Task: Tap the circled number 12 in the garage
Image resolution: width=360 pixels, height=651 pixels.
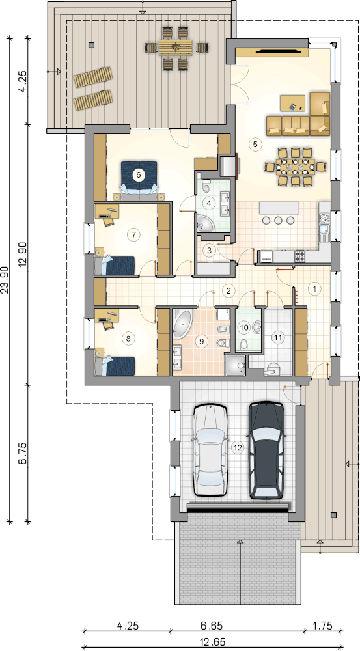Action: [x=238, y=448]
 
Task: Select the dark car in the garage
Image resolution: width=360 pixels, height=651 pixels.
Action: [x=266, y=450]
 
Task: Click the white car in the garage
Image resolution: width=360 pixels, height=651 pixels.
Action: [x=210, y=450]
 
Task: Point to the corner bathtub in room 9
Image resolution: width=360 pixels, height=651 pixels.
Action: [x=180, y=323]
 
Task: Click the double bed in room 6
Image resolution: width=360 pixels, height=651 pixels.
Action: [x=139, y=178]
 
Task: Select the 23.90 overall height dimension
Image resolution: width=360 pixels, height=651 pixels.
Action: [x=5, y=280]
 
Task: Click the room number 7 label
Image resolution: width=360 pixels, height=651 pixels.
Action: [x=133, y=234]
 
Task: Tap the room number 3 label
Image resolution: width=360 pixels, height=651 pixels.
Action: [x=209, y=250]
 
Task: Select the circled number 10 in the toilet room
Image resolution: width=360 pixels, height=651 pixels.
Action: [x=245, y=327]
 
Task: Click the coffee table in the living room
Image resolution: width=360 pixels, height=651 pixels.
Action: [x=292, y=103]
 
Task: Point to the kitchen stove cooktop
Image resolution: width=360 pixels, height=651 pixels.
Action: [x=300, y=255]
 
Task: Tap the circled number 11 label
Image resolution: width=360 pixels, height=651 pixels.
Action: [x=278, y=337]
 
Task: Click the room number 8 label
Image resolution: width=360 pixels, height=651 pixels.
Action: [x=128, y=339]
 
